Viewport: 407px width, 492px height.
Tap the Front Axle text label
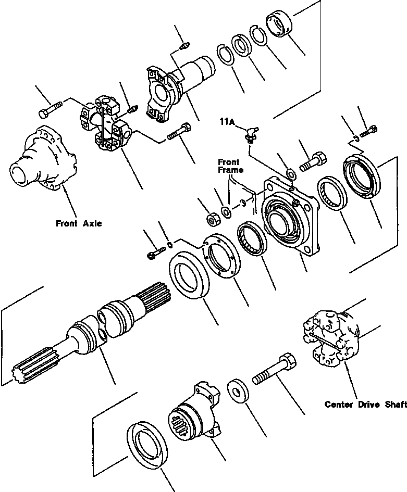[x=79, y=224]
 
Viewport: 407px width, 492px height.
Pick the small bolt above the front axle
[x=50, y=110]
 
